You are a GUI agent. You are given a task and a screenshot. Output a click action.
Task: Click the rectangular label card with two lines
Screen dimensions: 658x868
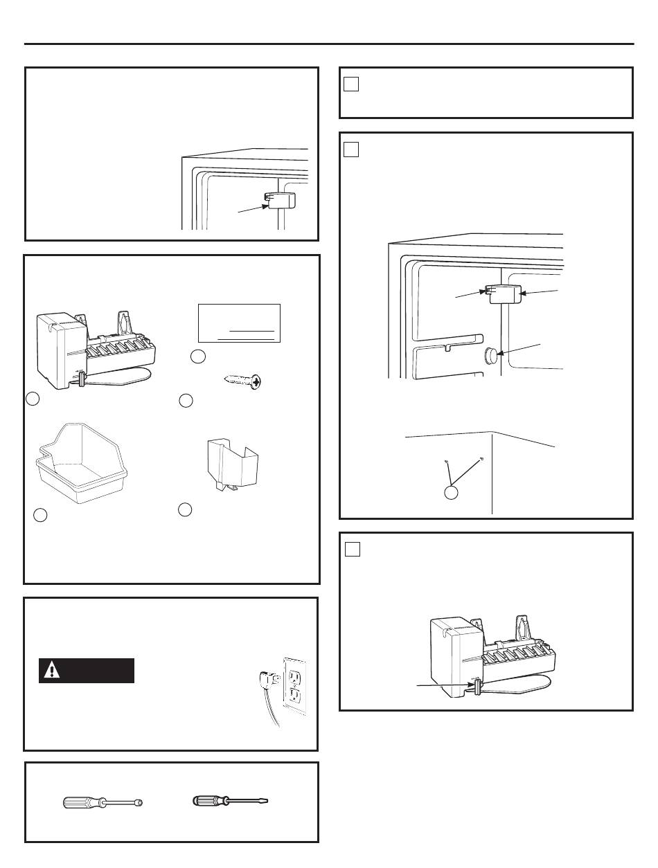coord(239,323)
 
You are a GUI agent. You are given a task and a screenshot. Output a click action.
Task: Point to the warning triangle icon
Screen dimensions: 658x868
coord(53,671)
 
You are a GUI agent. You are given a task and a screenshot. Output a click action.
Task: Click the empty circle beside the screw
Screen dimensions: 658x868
coord(185,400)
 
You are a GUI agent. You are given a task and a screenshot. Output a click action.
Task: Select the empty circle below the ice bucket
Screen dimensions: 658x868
coord(40,516)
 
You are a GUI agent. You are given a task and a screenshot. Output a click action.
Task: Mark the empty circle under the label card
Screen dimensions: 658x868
coord(198,357)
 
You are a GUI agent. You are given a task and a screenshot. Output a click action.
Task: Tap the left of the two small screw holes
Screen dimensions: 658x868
coord(447,462)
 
